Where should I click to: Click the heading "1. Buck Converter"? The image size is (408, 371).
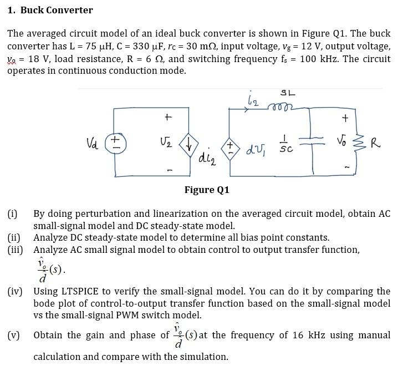[x=50, y=10]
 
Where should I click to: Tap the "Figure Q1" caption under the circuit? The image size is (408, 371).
[x=207, y=190]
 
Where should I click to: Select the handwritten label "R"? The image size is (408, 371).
[x=376, y=144]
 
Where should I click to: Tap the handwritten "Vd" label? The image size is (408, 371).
[x=93, y=143]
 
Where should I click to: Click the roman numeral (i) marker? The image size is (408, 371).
[x=13, y=214]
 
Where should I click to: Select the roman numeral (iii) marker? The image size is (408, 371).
[x=15, y=250]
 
